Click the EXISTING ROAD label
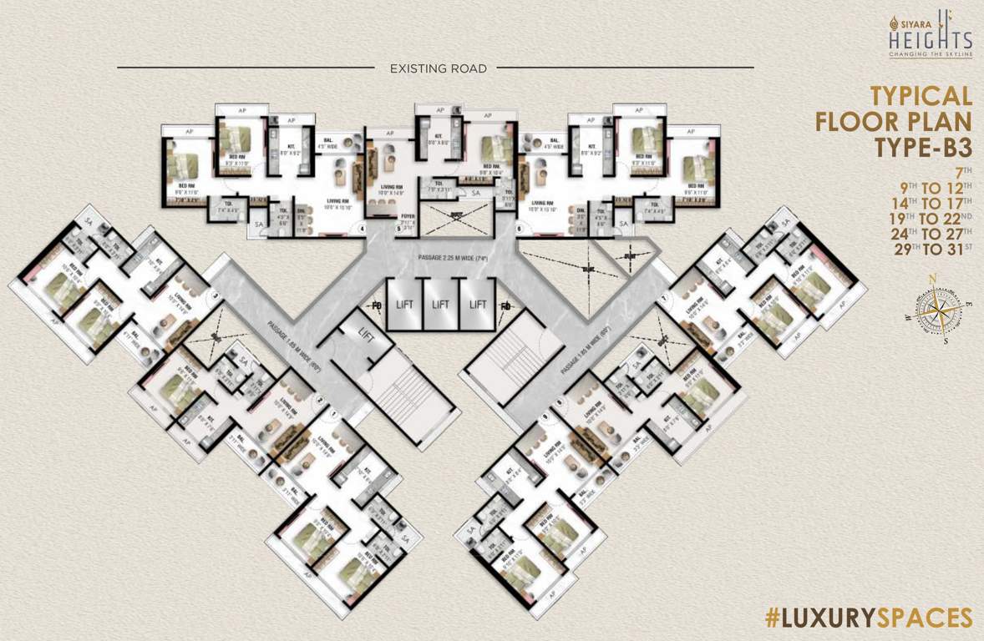pyautogui.click(x=438, y=68)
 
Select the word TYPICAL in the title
pyautogui.click(x=921, y=95)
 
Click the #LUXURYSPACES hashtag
pyautogui.click(x=869, y=618)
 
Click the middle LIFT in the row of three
pyautogui.click(x=439, y=305)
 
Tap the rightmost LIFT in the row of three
pyautogui.click(x=478, y=305)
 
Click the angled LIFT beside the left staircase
pyautogui.click(x=365, y=334)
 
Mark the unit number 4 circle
pyautogui.click(x=363, y=227)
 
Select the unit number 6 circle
pyautogui.click(x=519, y=227)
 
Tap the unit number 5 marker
pyautogui.click(x=398, y=227)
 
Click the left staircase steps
pyautogui.click(x=404, y=396)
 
